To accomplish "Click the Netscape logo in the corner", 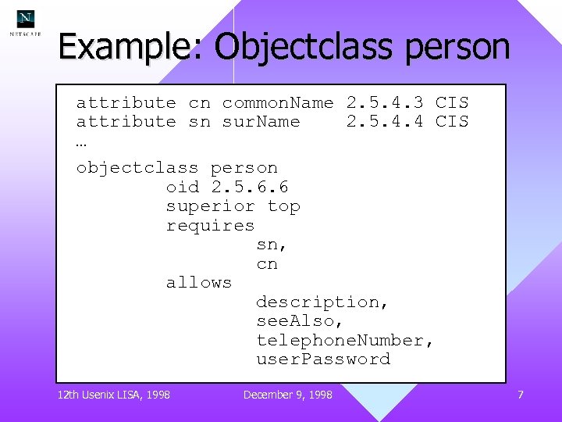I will tap(26, 22).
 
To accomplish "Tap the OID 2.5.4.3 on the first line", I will tap(385, 102).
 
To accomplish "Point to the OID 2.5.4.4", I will tap(385, 121).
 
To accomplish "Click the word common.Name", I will tap(277, 102).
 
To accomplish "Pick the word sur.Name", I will tap(261, 121).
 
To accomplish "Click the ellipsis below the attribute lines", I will tap(82, 144).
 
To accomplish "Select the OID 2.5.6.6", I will tap(250, 187).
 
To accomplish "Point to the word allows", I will tap(199, 282).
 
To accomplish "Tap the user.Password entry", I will tap(322, 359).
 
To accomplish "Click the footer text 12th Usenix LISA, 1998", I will tap(114, 395).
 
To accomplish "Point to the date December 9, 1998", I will tap(287, 395).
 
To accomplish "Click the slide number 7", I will tap(520, 395).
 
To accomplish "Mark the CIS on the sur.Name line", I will tap(452, 121).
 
